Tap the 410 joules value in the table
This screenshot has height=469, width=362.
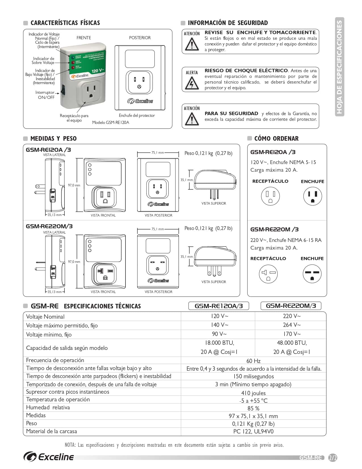point(253,393)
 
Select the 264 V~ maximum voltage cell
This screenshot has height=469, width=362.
point(292,325)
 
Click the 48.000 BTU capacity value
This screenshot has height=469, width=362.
point(292,343)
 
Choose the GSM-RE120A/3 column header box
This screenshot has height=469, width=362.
point(219,306)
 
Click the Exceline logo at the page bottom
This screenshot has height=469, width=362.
point(49,457)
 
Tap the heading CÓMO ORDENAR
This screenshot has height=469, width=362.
point(276,139)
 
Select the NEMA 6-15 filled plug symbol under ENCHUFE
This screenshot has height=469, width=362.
point(312,274)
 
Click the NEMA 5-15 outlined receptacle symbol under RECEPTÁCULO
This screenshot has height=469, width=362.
point(270,196)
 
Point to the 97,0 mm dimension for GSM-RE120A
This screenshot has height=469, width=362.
point(74,185)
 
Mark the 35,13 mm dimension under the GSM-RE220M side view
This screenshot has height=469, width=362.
point(55,292)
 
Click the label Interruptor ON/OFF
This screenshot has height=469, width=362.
point(46,95)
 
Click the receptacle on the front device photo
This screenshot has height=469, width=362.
point(91,92)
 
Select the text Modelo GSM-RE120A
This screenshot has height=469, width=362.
point(110,123)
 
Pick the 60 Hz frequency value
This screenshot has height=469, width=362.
point(253,361)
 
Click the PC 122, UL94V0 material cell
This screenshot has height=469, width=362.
point(253,431)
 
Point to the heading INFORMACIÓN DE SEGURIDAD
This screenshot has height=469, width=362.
point(228,23)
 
